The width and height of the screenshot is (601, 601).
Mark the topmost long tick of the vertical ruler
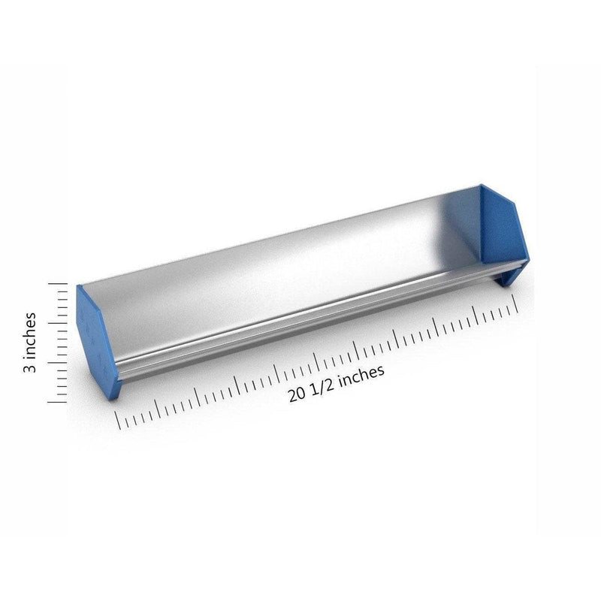[x=58, y=284]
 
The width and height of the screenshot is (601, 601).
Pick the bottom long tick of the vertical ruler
[x=57, y=403]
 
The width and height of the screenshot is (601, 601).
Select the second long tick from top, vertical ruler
[x=58, y=323]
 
